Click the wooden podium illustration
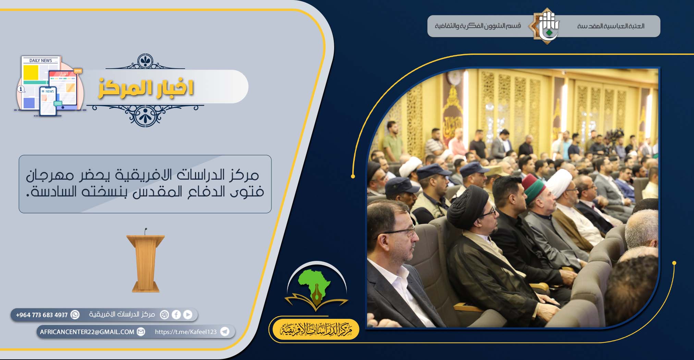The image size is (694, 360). (145, 261)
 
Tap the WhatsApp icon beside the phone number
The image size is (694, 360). (75, 314)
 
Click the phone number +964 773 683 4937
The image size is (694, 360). (42, 315)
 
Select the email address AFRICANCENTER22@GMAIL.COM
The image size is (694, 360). (87, 332)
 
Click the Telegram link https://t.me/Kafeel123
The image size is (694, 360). (186, 332)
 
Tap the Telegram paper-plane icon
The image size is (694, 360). (224, 332)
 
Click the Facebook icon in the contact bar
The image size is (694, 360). (176, 314)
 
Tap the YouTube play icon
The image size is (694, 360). (188, 314)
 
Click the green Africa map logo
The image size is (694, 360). (314, 284)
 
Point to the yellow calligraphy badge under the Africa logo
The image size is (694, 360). (316, 329)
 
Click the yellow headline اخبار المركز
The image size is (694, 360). (146, 88)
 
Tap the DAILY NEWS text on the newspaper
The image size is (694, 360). (41, 61)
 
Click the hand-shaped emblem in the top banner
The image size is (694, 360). (546, 26)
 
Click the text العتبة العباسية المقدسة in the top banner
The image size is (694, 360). (611, 26)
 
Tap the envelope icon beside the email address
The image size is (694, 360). (141, 332)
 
